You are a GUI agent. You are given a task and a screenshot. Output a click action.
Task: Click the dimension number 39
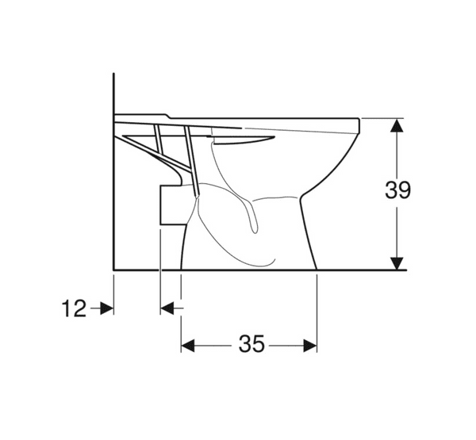[x=397, y=191]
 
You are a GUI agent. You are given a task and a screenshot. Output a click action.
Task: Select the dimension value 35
[x=251, y=344]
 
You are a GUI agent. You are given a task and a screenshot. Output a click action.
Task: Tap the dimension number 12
[x=74, y=308]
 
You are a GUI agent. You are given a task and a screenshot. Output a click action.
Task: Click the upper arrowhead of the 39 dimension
[x=397, y=128]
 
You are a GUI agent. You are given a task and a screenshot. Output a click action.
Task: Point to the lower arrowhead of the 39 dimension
[x=397, y=262]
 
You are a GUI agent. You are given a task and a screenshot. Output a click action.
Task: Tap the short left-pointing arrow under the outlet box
[x=168, y=308]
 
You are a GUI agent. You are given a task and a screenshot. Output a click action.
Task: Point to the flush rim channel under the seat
[x=246, y=140]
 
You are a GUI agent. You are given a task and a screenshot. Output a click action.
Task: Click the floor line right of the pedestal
[x=361, y=270]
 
